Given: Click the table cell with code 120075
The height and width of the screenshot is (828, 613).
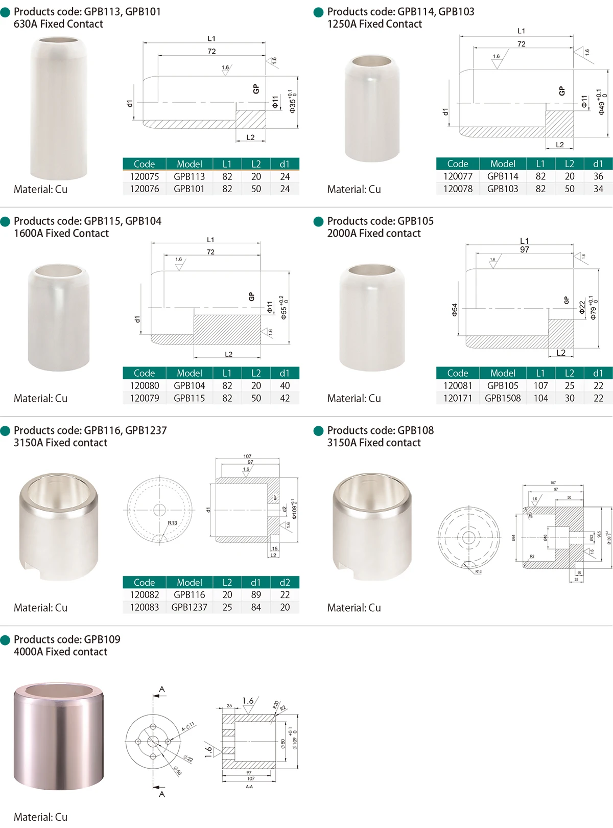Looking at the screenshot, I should (145, 176).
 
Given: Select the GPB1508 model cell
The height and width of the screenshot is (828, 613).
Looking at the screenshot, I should (503, 398).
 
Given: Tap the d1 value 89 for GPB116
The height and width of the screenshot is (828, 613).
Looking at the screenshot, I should (256, 595).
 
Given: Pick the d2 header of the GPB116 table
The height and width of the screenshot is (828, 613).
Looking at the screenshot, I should (285, 583).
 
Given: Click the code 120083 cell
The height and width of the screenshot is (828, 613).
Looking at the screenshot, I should (145, 607).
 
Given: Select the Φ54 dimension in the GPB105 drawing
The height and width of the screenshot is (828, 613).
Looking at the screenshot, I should (455, 310).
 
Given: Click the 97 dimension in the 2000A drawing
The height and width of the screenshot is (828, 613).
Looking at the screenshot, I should (525, 249).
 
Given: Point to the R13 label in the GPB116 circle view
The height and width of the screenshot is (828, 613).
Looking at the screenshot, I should (173, 523).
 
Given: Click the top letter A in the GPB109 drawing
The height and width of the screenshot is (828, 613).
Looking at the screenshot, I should (162, 689).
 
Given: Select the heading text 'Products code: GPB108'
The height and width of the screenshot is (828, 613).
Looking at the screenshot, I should (380, 430).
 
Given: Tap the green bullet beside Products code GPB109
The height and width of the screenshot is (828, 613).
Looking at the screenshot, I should (6, 640).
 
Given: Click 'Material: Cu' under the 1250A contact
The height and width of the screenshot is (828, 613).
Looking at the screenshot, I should (354, 189).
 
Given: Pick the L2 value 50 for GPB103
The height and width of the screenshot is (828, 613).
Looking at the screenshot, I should (569, 189).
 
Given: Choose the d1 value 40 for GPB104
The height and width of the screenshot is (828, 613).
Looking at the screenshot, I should (285, 386).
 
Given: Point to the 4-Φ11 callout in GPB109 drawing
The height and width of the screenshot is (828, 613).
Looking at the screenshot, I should (188, 727).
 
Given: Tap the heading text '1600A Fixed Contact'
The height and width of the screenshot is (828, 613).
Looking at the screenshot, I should (61, 233).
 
